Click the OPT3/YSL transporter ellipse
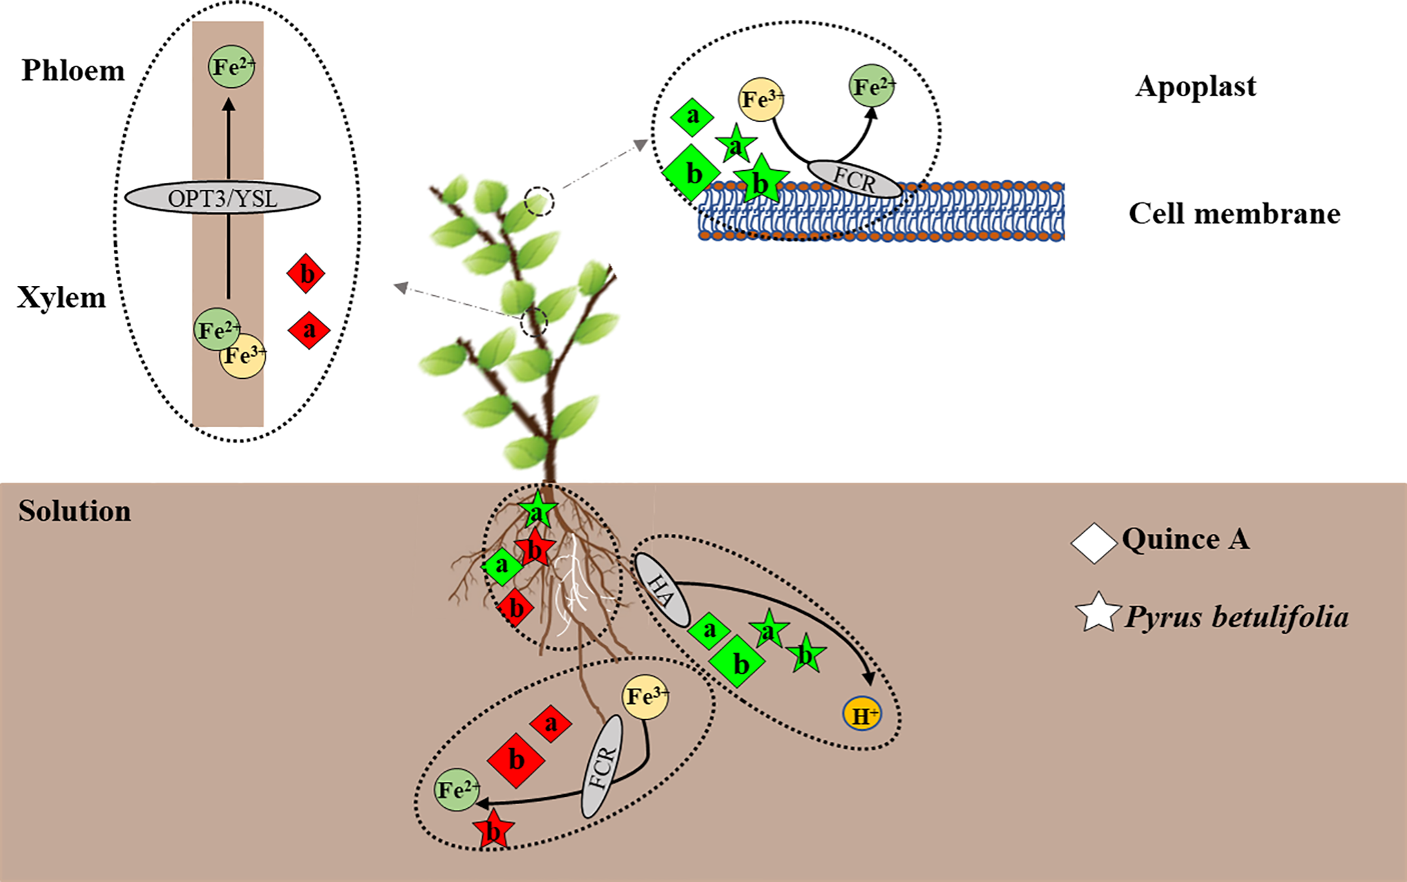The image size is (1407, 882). point(222,198)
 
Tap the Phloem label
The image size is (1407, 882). point(73,70)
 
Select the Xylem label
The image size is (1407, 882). point(61,298)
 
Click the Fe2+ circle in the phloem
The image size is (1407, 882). point(231,66)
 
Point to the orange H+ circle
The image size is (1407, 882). point(862,715)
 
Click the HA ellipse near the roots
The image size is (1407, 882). point(661,590)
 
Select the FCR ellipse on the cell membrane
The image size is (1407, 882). point(854,179)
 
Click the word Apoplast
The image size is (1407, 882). point(1195,86)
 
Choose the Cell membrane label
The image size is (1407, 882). point(1234,213)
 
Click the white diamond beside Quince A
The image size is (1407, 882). point(1094,543)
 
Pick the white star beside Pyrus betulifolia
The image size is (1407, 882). point(1097,613)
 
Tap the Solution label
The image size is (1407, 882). point(74,511)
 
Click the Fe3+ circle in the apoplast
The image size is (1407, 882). point(761,99)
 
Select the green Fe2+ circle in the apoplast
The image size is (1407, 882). point(872,86)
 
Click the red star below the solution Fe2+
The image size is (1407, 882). point(494,830)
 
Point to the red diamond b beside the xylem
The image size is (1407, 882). point(306,274)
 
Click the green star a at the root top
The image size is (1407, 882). point(537,511)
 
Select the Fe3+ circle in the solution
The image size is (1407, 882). point(644,697)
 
